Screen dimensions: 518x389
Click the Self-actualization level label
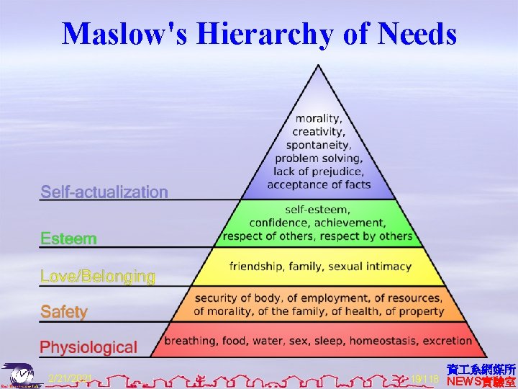click(x=104, y=192)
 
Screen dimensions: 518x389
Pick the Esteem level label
click(x=68, y=238)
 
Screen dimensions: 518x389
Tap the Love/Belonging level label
click(x=98, y=277)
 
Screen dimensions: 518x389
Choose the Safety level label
click(x=64, y=312)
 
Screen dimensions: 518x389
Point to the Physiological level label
click(x=88, y=347)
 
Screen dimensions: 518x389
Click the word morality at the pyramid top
click(x=319, y=118)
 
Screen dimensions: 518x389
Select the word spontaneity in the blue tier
click(x=319, y=145)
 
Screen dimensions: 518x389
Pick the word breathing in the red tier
click(x=191, y=341)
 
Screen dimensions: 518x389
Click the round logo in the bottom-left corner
click(x=22, y=376)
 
